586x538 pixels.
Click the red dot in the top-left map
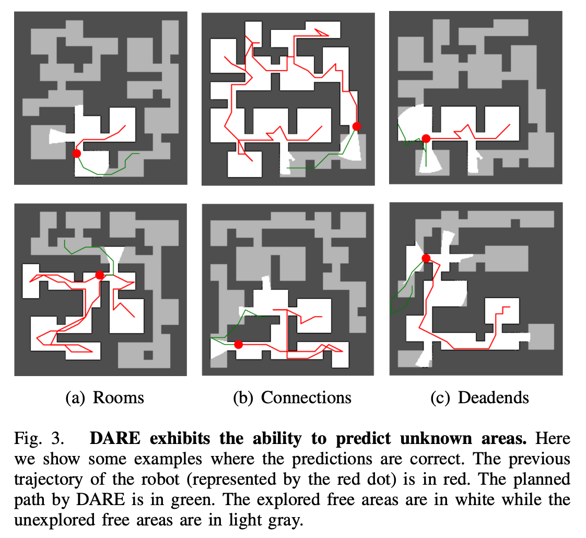[77, 153]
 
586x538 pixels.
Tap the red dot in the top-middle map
[357, 126]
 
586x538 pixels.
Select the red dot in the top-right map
[426, 138]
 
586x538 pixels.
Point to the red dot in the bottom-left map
[100, 275]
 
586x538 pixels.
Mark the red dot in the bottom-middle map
[239, 344]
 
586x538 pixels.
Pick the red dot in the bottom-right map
[426, 258]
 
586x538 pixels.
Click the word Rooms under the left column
[118, 397]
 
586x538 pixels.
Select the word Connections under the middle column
[306, 397]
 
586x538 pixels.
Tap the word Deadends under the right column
[493, 397]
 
